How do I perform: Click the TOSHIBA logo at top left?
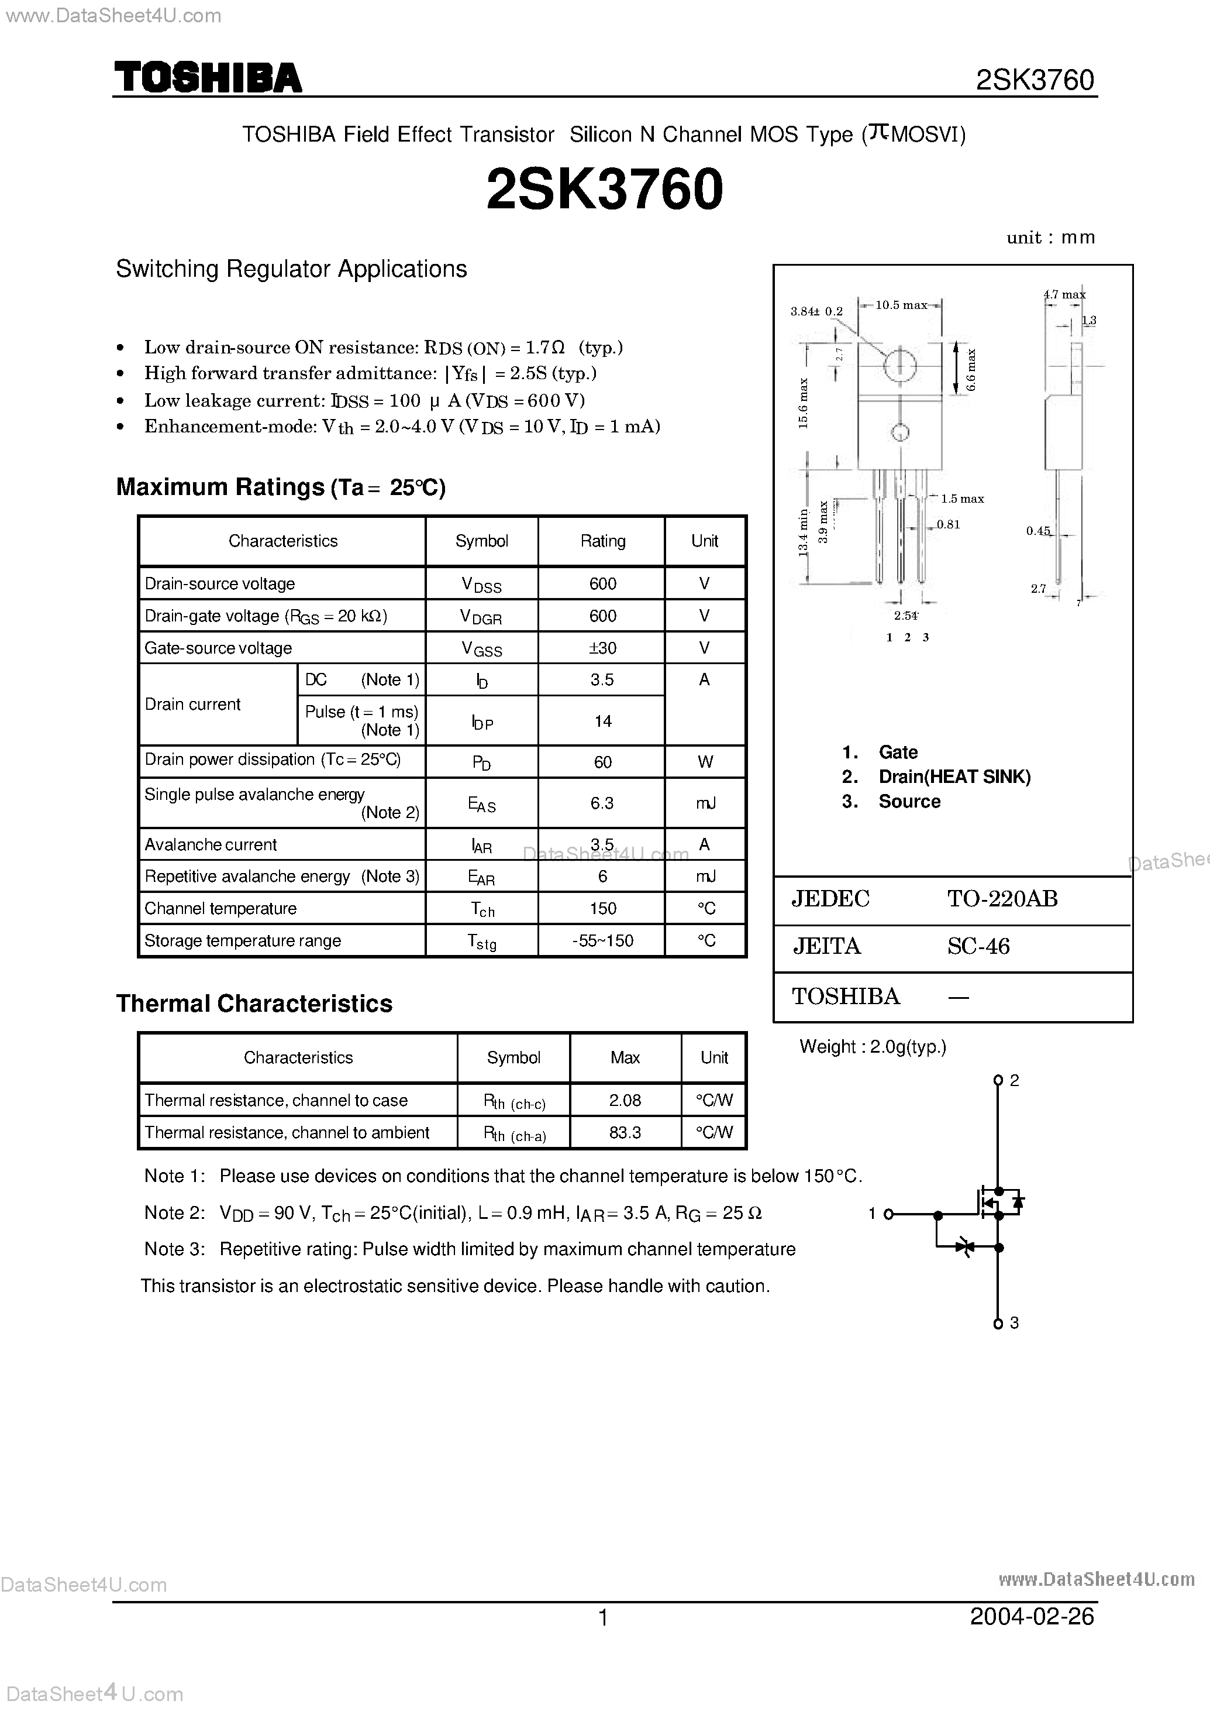coord(208,78)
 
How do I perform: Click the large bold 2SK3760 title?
coord(604,188)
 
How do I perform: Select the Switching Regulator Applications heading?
coord(291,269)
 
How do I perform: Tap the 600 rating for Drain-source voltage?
coord(602,584)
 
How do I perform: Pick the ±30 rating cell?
coord(602,648)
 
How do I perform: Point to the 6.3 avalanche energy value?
coord(602,803)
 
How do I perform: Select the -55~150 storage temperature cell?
coord(602,940)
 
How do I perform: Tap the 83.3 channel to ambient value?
coord(625,1132)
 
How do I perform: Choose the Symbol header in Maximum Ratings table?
coord(481,541)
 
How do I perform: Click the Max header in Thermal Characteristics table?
coord(625,1057)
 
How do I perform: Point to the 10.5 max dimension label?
coord(901,305)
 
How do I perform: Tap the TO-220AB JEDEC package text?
coord(1002,898)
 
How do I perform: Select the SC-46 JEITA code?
coord(978,946)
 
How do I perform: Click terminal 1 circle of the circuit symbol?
coord(888,1214)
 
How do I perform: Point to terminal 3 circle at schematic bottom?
coord(998,1323)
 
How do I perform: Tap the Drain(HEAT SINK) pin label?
coord(954,777)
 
